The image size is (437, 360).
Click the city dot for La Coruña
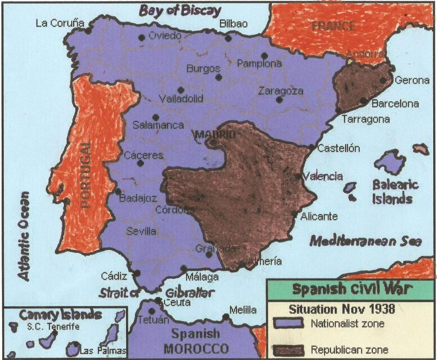[x=88, y=31]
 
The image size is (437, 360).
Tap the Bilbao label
[x=232, y=24]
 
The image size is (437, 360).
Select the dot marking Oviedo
[x=141, y=37]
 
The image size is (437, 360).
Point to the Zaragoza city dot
[x=280, y=99]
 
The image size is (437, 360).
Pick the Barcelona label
[x=395, y=103]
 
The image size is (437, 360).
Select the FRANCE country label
[x=334, y=26]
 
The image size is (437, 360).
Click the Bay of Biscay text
[x=180, y=10]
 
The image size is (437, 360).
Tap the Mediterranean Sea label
[x=365, y=241]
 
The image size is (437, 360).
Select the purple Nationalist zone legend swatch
[x=289, y=323]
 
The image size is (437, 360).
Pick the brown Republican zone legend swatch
[x=289, y=349]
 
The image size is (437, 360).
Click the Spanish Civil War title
[x=352, y=289]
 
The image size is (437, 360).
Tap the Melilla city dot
[x=226, y=317]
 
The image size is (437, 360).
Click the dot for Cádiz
[x=137, y=273]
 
